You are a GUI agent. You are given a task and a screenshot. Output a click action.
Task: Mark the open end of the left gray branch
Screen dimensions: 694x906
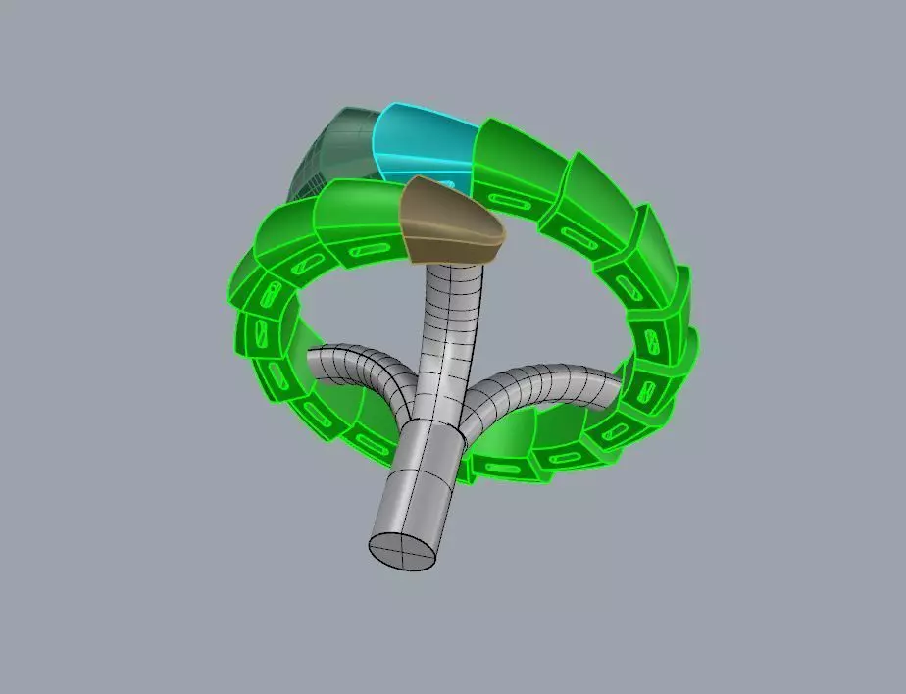coord(311,366)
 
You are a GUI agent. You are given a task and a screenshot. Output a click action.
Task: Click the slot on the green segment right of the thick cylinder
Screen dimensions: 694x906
coord(569,456)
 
